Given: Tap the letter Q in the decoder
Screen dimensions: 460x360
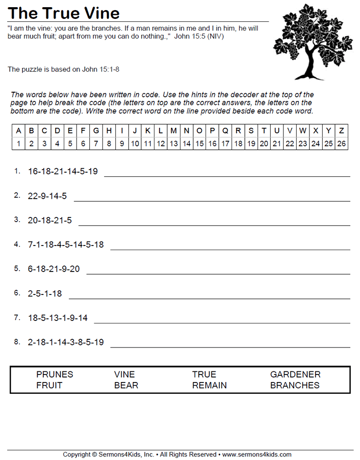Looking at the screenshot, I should point(225,130).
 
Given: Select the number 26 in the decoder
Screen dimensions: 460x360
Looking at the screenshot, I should point(342,144).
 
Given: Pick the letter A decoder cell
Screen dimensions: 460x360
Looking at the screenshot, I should point(19,130).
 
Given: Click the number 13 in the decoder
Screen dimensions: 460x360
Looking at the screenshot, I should point(173,144).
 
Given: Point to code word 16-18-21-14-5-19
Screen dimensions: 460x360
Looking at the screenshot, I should point(63,171).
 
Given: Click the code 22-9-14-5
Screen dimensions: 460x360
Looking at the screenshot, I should point(47,196).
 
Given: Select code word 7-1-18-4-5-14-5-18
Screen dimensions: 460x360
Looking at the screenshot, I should point(66,245).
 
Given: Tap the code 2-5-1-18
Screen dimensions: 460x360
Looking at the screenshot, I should point(45,293).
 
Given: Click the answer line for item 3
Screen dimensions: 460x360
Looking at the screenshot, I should point(214,224).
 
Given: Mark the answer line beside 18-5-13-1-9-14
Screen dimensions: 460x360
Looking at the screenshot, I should point(222,322).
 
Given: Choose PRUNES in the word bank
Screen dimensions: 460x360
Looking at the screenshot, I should point(55,374).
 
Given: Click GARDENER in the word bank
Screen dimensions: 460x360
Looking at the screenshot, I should point(295,374).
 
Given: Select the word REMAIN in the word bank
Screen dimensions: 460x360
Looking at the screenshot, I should point(210,386).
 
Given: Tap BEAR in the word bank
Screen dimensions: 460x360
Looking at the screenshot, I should point(126,386).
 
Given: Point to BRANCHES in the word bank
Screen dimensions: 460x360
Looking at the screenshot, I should point(295,386).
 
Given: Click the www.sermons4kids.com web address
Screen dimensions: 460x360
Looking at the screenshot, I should point(256,454).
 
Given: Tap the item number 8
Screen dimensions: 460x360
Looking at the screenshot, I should point(17,342).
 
